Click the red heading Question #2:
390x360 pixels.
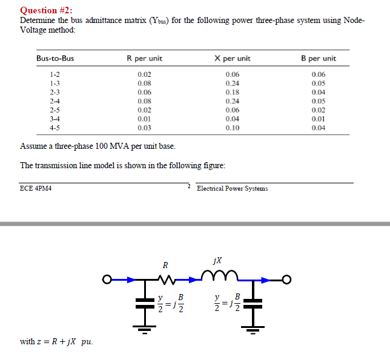[x=46, y=10]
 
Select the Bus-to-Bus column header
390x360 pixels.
[x=55, y=58]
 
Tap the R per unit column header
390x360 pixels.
[x=145, y=58]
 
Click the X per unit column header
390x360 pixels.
[x=233, y=58]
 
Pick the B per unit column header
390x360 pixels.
[x=319, y=58]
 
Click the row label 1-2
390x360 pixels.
[x=55, y=74]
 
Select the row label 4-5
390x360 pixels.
[x=55, y=128]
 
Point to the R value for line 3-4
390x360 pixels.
[x=145, y=119]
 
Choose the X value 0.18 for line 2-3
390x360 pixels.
[x=233, y=93]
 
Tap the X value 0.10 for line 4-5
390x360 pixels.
[x=233, y=128]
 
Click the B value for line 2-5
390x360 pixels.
[x=319, y=110]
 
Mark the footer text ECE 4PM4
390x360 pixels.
[x=36, y=188]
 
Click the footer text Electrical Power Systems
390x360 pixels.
[x=233, y=189]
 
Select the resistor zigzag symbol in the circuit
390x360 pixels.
[x=167, y=280]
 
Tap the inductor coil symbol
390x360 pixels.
[x=219, y=275]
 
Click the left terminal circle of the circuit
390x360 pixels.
[x=107, y=280]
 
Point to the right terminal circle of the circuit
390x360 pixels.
[x=286, y=280]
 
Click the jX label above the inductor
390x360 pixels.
[x=217, y=260]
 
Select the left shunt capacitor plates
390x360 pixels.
[x=145, y=303]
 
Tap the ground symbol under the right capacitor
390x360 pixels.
[x=253, y=330]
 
